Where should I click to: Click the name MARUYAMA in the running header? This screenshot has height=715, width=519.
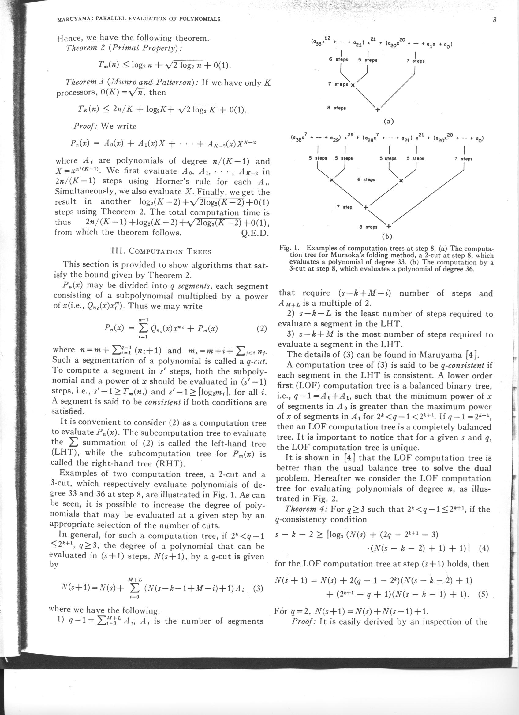[x=73, y=19]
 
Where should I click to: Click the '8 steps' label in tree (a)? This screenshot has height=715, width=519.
[x=337, y=108]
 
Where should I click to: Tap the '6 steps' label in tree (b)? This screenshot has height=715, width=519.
[x=366, y=180]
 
